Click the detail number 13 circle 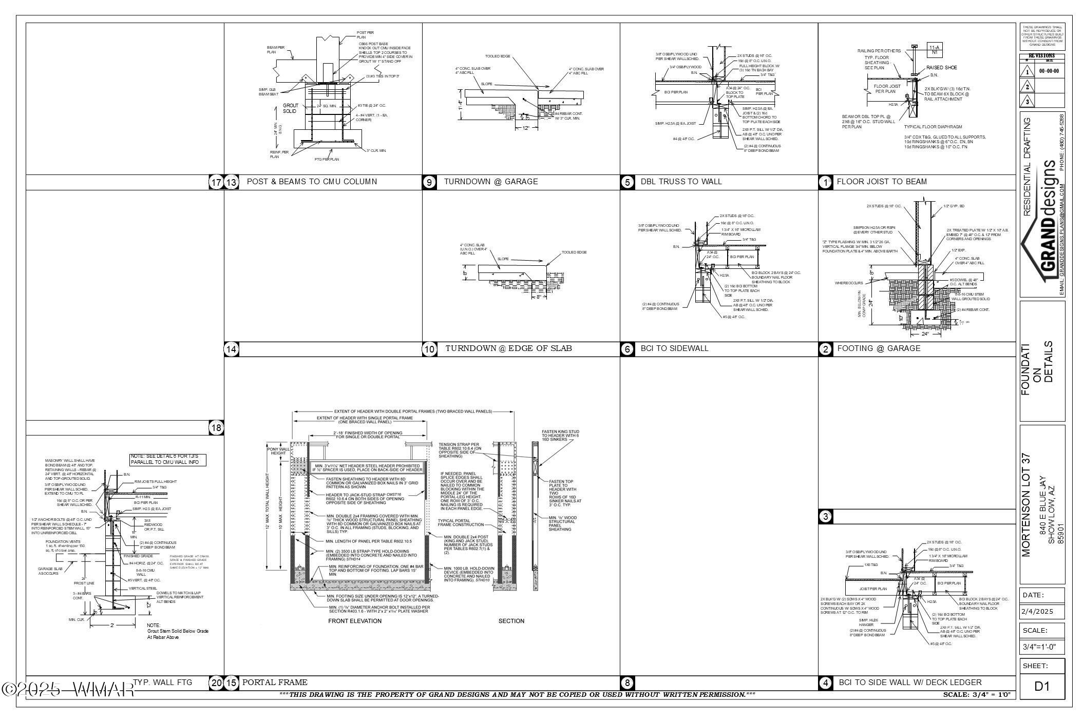click(232, 182)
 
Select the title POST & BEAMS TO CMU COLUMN click(312, 182)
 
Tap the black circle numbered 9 click(429, 182)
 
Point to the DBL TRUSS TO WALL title click(681, 182)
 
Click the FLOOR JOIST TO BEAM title click(882, 182)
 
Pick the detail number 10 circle click(429, 349)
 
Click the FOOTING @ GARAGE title click(879, 348)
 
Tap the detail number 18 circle click(216, 427)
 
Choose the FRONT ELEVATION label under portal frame click(355, 621)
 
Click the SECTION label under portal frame click(511, 621)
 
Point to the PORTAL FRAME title click(275, 682)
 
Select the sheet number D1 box click(1042, 687)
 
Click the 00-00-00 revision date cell click(1048, 71)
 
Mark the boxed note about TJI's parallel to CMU click(168, 460)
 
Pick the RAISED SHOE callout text click(941, 68)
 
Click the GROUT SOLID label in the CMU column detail click(290, 108)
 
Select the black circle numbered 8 click(627, 683)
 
